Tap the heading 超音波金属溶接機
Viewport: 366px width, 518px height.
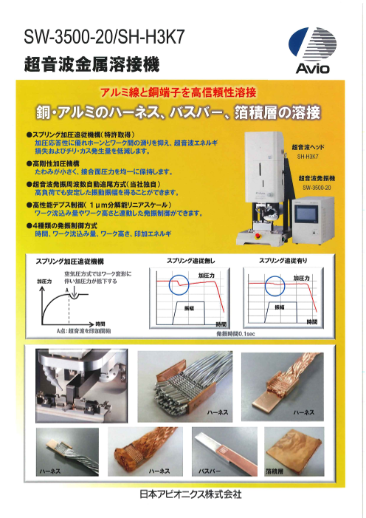(91, 64)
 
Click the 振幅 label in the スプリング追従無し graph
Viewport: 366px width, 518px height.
(195, 306)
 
